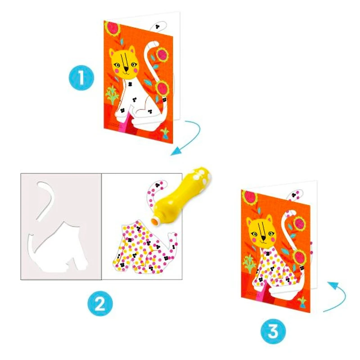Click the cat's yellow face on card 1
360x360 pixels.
coord(124,63)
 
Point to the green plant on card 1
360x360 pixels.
coord(112,95)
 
